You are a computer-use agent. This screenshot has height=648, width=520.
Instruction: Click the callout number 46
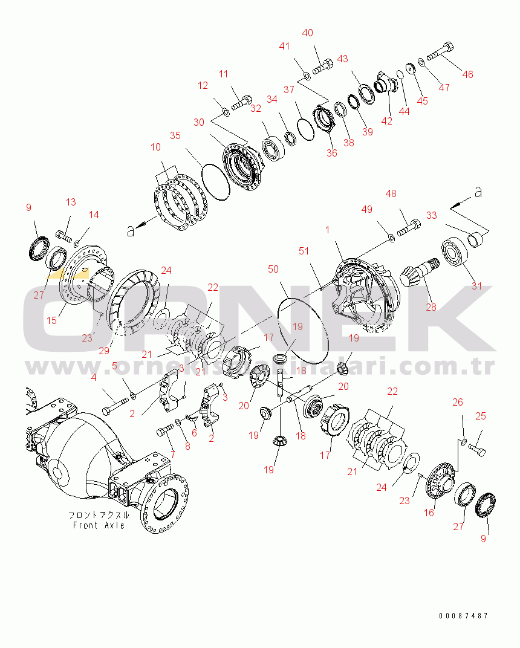[467, 74]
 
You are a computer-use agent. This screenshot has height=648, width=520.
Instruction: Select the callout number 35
[175, 136]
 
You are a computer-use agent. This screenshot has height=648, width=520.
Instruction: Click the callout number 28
[431, 307]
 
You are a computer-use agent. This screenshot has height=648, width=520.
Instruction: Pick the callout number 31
[477, 286]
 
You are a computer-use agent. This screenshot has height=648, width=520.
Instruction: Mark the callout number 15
[52, 320]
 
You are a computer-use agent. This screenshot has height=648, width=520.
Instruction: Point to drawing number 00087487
[464, 616]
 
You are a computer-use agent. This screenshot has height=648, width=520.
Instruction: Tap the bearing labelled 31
[453, 253]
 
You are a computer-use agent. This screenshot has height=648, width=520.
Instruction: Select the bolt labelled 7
[165, 432]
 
